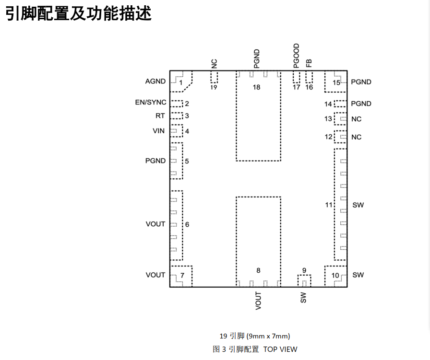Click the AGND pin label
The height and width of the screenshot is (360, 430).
(155, 81)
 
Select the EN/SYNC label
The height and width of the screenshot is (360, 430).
(151, 103)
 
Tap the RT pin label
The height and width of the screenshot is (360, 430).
(160, 116)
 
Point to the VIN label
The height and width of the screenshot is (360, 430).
(158, 131)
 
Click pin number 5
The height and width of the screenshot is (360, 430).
(187, 161)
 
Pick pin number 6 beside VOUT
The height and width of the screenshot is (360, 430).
(187, 224)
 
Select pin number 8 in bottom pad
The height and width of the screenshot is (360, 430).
(258, 271)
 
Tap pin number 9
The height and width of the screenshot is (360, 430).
(304, 271)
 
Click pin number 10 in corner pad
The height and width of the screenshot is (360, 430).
(335, 276)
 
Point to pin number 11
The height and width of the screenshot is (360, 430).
(329, 205)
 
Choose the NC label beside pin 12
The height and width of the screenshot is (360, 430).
(356, 137)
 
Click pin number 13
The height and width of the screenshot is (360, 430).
(328, 119)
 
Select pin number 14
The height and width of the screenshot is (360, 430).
(328, 104)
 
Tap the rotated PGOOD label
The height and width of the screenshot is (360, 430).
(296, 55)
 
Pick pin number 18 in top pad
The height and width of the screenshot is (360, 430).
(257, 87)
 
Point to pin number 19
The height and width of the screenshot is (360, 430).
(214, 88)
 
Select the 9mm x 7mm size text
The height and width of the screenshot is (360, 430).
(269, 336)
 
